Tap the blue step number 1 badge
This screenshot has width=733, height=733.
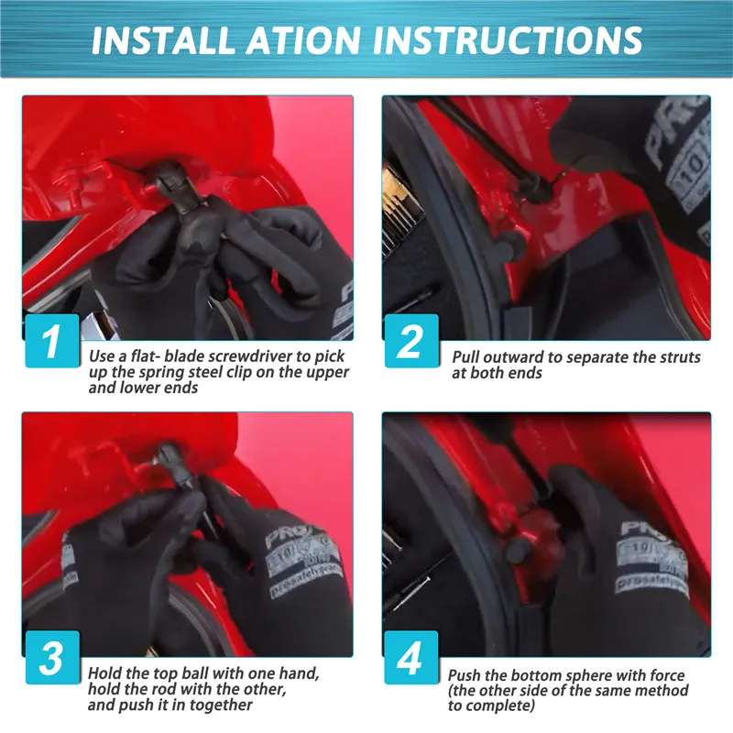pos(50,341)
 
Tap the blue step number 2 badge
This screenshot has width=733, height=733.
pos(410,341)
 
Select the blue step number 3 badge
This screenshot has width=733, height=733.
pos(50,658)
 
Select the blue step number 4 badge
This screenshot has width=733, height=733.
pos(410,658)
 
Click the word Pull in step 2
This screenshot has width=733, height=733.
pos(468,357)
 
